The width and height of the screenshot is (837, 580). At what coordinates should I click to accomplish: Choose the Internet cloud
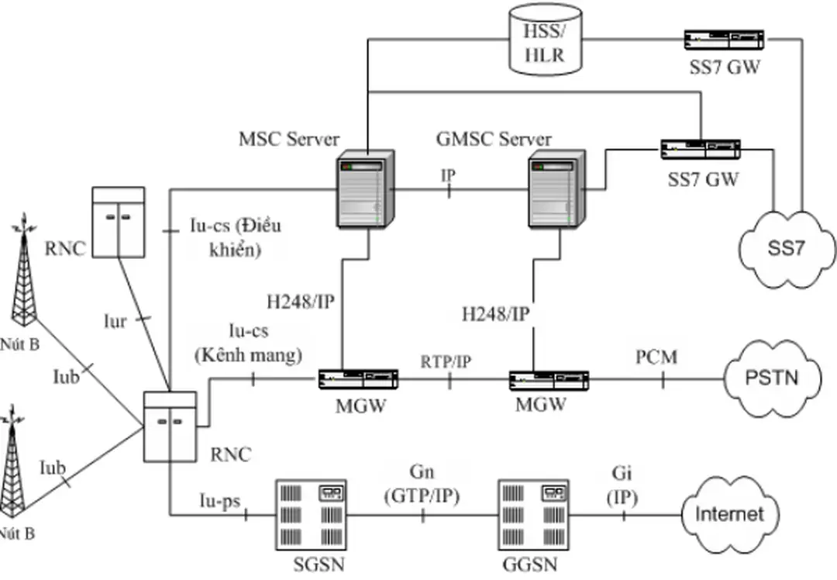pos(728,513)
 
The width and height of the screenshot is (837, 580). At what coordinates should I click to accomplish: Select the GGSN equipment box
pos(533,513)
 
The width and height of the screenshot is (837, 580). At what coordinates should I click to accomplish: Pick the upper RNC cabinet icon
pos(118,222)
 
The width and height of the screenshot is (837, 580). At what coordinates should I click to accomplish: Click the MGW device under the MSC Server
pos(360,379)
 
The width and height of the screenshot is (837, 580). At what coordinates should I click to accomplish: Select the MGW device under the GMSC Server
pos(549,380)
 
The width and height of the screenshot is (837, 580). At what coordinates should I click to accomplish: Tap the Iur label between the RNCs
pos(115,320)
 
